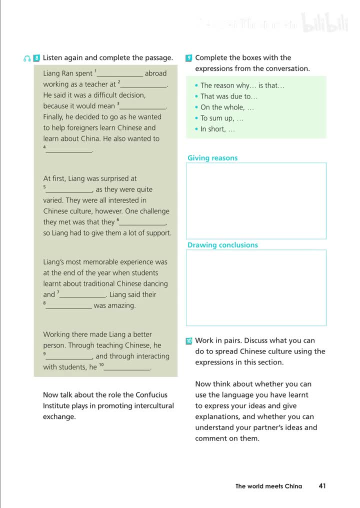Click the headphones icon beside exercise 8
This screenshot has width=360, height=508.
pyautogui.click(x=27, y=58)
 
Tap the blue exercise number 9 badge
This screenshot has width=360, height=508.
pyautogui.click(x=188, y=58)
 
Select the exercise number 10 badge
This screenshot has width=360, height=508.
pyautogui.click(x=188, y=341)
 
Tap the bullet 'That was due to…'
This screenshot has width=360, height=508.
pyautogui.click(x=229, y=96)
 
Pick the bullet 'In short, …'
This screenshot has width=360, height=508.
pyautogui.click(x=217, y=129)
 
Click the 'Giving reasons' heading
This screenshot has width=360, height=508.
pyautogui.click(x=212, y=158)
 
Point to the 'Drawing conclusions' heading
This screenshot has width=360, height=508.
pyautogui.click(x=222, y=245)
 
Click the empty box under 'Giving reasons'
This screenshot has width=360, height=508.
pyautogui.click(x=256, y=200)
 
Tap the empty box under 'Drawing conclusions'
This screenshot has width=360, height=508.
pyautogui.click(x=256, y=287)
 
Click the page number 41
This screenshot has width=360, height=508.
pyautogui.click(x=322, y=485)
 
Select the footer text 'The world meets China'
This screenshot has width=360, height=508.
pyautogui.click(x=268, y=486)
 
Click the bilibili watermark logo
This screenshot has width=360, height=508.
pyautogui.click(x=325, y=24)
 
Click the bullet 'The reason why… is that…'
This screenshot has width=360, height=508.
pyautogui.click(x=242, y=85)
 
